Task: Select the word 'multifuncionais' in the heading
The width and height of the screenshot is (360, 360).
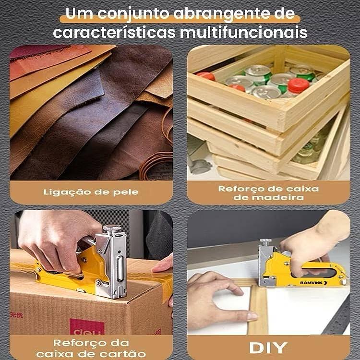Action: pyautogui.click(x=243, y=32)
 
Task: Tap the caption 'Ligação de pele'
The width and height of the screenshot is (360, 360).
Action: pyautogui.click(x=91, y=192)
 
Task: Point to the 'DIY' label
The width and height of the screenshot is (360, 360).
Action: pyautogui.click(x=268, y=348)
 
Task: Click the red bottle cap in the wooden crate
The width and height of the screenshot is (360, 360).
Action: pyautogui.click(x=298, y=85)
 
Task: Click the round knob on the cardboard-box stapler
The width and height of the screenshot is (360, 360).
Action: pyautogui.click(x=112, y=228)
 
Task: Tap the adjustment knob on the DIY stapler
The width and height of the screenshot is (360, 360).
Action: pyautogui.click(x=265, y=241)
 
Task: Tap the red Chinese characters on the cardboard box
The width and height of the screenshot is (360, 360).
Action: pyautogui.click(x=16, y=315)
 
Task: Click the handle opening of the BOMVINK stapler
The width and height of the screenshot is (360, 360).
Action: pyautogui.click(x=317, y=272)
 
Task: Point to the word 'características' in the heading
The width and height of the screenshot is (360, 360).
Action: pyautogui.click(x=114, y=32)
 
